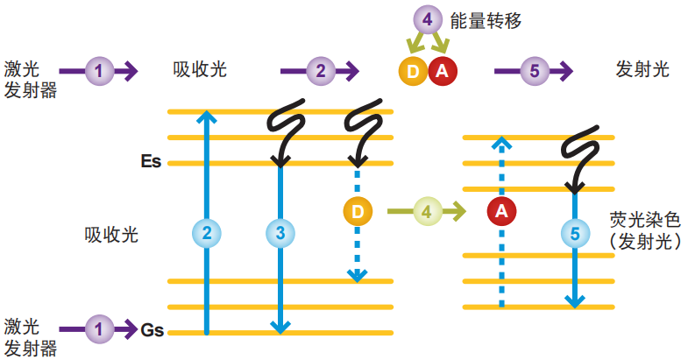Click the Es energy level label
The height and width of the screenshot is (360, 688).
[x=151, y=162]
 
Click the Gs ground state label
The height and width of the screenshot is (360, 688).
[x=152, y=330]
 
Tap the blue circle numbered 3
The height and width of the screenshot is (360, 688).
[x=280, y=233]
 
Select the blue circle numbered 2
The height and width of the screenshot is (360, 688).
[x=207, y=233]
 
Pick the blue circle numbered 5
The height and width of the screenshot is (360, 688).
[x=574, y=234]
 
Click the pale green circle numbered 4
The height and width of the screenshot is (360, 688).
[x=426, y=210]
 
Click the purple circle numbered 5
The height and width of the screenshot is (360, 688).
[x=535, y=70]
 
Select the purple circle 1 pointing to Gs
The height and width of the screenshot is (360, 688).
[x=100, y=329]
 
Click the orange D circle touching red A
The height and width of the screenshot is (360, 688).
[x=412, y=72]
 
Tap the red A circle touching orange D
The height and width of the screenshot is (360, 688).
[x=441, y=72]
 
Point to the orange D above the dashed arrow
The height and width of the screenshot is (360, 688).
[x=357, y=210]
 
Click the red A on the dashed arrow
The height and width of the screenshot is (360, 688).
[x=500, y=210]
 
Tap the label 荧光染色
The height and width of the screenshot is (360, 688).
[x=644, y=220]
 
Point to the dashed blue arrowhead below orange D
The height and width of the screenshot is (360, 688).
[x=357, y=275]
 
